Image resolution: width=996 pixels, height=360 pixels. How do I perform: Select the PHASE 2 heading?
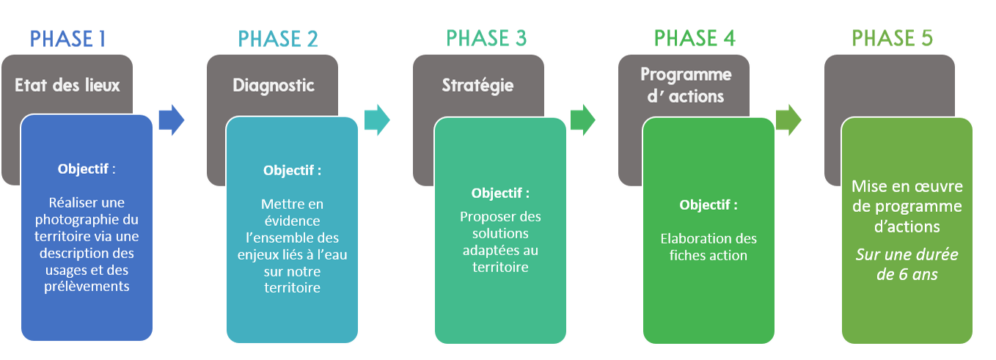(x=278, y=38)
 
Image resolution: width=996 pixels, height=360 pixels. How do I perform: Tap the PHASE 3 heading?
(x=486, y=38)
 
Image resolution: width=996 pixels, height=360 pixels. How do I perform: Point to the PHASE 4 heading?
(x=695, y=38)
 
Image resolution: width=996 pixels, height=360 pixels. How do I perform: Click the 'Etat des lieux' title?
(x=67, y=86)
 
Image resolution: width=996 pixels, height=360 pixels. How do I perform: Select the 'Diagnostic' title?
(x=273, y=86)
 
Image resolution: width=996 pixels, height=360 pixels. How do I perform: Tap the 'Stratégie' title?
(x=477, y=86)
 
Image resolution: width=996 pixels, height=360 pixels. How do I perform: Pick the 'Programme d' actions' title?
(x=686, y=85)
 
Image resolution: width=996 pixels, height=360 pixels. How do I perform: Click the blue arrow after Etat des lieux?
(x=171, y=120)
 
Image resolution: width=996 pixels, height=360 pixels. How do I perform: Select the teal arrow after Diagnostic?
(x=377, y=120)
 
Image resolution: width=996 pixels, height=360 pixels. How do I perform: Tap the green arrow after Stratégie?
(x=582, y=120)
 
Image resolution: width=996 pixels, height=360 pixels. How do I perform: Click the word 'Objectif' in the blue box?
(x=84, y=169)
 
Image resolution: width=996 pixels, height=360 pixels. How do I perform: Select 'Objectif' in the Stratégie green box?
(x=497, y=194)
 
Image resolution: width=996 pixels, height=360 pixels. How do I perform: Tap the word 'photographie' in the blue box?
(x=87, y=219)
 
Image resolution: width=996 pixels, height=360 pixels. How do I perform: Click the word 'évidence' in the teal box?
(x=292, y=221)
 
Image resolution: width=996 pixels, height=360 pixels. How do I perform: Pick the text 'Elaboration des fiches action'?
(x=708, y=247)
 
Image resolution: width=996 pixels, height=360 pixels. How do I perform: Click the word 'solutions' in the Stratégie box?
(x=500, y=234)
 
